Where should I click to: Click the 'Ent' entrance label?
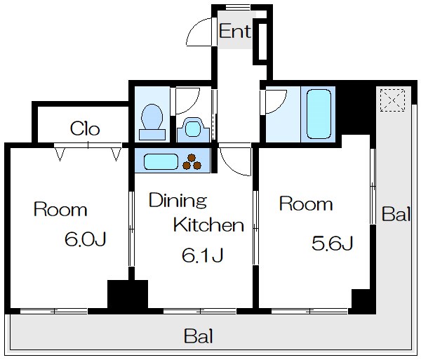pos(235,31)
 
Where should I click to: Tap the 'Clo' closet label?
pos(85,128)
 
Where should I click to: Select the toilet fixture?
pos(152,122)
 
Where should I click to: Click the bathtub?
pos(319,114)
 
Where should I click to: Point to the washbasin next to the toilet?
pos(193,130)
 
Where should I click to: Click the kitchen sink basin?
pos(161,161)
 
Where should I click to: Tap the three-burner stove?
pos(192,162)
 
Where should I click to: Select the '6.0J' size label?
pos(86,239)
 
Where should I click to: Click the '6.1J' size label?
pos(203,255)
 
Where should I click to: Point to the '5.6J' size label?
pos(333,244)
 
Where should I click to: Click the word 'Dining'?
pos(178,200)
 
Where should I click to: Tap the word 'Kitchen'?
pos(208,225)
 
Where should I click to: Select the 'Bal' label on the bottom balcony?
pos(199,336)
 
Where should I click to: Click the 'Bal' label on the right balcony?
pos(396,214)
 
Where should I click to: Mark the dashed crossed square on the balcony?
pos(392,100)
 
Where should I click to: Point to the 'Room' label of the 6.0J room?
pos(60,210)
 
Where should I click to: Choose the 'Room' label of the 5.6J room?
pos(306,204)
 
